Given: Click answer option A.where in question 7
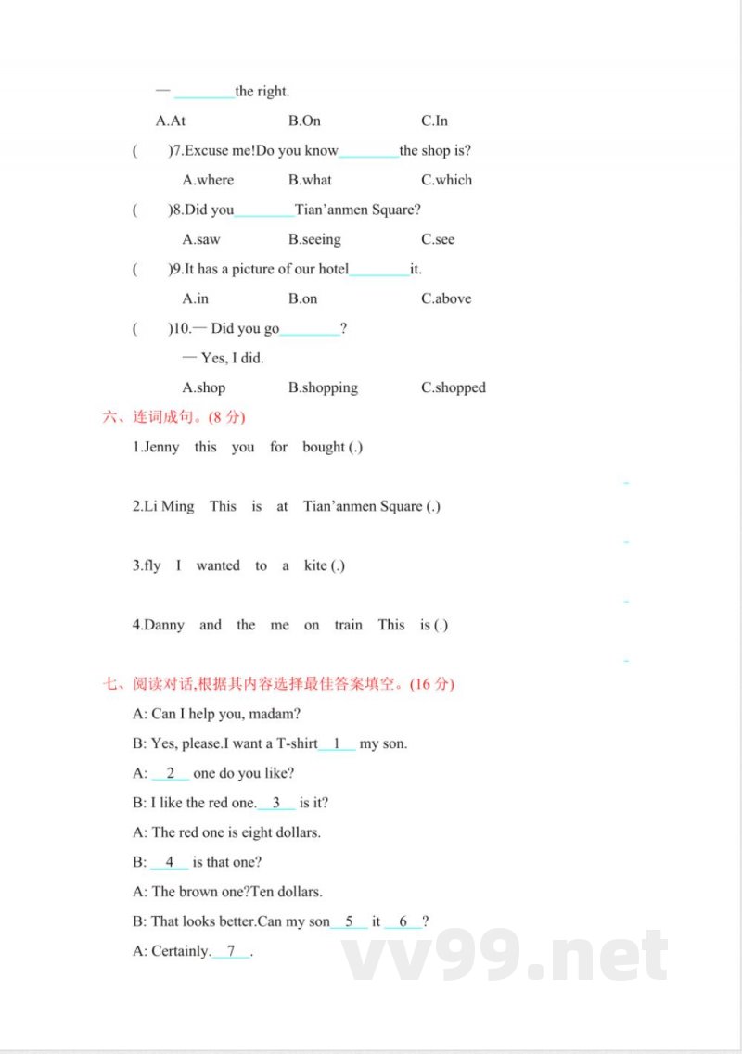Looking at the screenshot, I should point(208,180).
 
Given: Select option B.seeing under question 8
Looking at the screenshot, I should point(314,239).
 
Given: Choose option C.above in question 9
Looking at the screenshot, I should point(446,298).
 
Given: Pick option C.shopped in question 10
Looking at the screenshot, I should point(454,387).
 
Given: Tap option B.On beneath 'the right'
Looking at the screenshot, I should point(304,121).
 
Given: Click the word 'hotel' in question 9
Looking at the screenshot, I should point(331,269).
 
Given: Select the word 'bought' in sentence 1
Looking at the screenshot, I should point(324,447).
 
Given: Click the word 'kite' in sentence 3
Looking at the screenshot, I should point(315,565).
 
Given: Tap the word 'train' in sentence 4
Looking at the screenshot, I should point(348,625).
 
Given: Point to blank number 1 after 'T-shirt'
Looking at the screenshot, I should point(338,743).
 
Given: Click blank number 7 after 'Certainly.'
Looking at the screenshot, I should point(231,951).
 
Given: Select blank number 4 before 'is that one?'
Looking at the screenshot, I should point(170,862).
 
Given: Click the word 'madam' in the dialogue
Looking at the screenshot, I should point(275,714).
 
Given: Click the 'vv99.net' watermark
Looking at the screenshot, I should point(505,955).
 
